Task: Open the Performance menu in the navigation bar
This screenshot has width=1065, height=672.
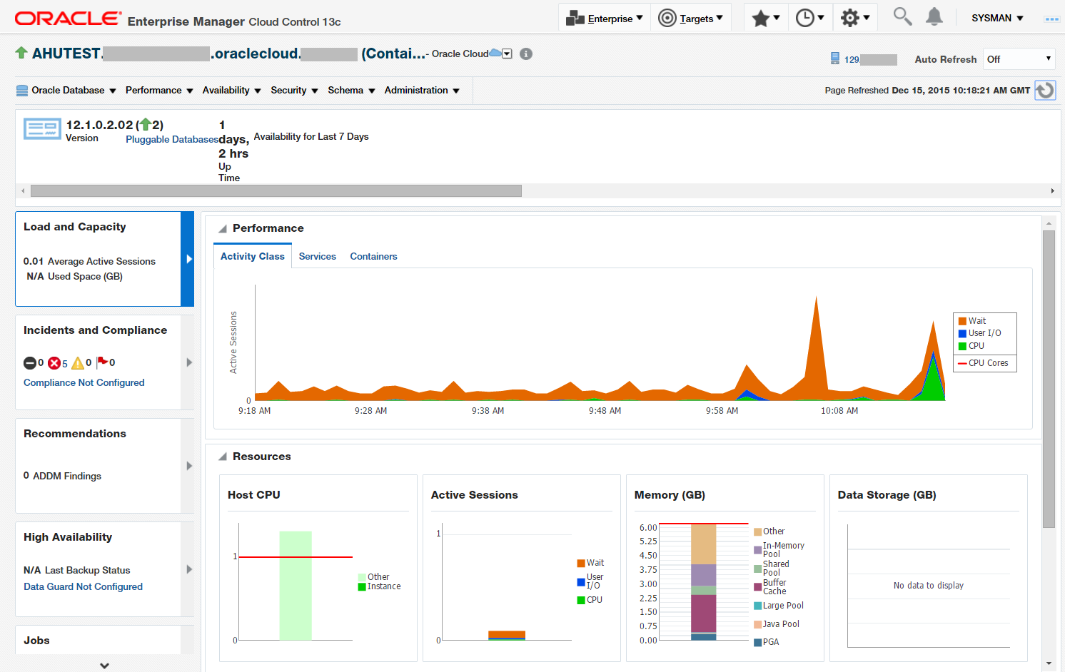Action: tap(158, 91)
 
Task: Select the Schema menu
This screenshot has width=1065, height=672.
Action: tap(350, 91)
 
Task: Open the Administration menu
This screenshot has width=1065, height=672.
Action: tap(421, 91)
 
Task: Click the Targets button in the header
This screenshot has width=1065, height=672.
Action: tap(690, 19)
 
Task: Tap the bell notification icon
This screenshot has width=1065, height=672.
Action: tap(934, 17)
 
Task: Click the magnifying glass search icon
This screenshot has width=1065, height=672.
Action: tap(902, 17)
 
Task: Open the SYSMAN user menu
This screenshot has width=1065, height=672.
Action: tap(996, 19)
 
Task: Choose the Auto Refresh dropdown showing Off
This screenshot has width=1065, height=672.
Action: tap(1019, 59)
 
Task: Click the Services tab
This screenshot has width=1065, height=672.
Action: tap(317, 257)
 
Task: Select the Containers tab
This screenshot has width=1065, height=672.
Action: tap(373, 257)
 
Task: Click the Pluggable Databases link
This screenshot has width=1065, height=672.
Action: tap(172, 140)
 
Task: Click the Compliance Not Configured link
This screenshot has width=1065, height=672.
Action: tap(84, 383)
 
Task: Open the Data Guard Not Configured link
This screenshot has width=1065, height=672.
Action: tap(83, 587)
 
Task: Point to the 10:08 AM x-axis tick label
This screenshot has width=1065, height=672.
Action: tap(839, 411)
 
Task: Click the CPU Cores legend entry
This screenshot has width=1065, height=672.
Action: tap(987, 363)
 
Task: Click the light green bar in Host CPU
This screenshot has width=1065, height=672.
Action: tap(296, 585)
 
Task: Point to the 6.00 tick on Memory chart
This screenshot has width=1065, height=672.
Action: tap(648, 528)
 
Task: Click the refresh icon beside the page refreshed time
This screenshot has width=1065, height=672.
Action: tap(1045, 91)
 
